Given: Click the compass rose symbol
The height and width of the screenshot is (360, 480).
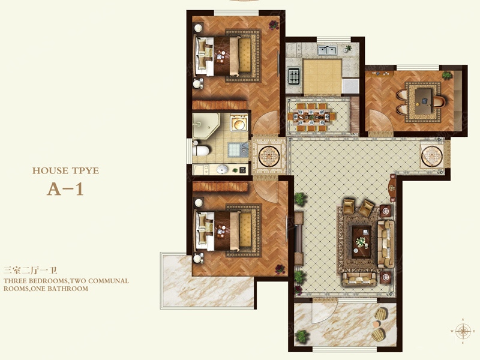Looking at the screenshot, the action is (463, 331).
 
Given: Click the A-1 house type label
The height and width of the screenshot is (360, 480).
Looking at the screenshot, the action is (65, 190).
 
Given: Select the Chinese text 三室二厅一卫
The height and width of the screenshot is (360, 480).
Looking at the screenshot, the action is (31, 271).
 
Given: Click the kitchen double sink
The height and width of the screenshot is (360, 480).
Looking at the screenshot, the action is (327, 50).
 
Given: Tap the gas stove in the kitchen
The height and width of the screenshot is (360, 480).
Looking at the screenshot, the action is (294, 76).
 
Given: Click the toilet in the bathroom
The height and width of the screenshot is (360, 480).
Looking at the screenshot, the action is (201, 151).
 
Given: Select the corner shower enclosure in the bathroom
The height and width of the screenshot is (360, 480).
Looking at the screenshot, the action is (206, 125).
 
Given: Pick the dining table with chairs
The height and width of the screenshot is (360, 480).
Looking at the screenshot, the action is (311, 117).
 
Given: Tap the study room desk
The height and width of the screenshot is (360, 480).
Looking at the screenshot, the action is (424, 101).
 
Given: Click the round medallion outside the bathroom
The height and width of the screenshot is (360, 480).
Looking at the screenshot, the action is (269, 156).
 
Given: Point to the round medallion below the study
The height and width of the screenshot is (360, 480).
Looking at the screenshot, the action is (432, 156).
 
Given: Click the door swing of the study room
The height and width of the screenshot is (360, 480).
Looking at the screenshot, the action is (380, 121).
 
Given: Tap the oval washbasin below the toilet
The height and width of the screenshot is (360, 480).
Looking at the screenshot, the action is (222, 169).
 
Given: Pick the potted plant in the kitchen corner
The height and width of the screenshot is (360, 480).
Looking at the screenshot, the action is (348, 49).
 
